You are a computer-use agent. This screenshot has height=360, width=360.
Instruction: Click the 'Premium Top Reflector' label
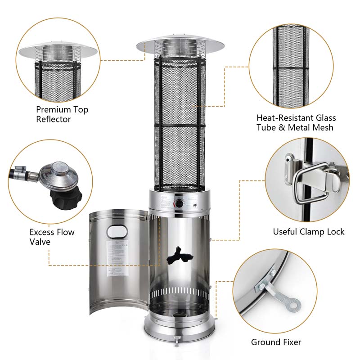click(x=62, y=114)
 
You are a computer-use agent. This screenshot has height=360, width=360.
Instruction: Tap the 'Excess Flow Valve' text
click(x=52, y=237)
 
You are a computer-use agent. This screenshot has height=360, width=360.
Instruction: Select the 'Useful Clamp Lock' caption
click(x=308, y=232)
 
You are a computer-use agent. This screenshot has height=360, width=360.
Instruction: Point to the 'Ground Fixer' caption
click(x=276, y=342)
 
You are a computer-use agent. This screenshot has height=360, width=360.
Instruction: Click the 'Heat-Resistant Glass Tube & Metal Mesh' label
click(x=296, y=122)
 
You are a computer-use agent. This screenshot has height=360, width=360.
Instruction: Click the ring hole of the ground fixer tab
click(x=294, y=306)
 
